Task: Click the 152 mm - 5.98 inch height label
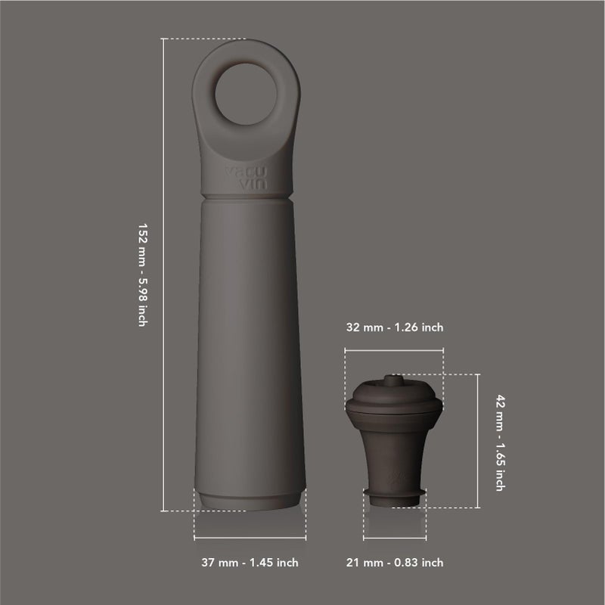click(142, 275)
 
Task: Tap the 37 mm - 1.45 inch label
click(250, 563)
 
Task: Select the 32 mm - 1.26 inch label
click(394, 327)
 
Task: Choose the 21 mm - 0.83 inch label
click(394, 563)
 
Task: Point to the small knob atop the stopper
click(393, 380)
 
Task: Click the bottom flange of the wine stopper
click(393, 494)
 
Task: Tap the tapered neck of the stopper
click(393, 458)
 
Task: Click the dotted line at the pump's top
click(197, 38)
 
